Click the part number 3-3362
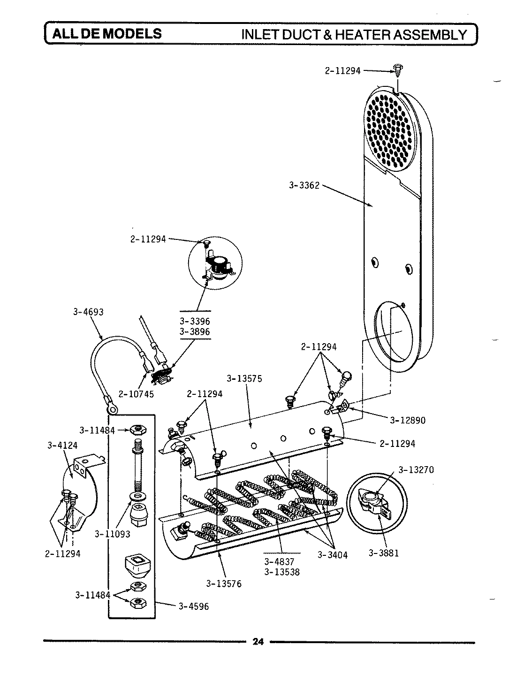304,185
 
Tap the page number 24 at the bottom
258,642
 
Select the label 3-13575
244,378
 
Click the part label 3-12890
408,420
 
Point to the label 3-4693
88,312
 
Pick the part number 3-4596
193,606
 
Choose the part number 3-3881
383,553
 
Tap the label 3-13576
224,584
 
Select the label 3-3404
332,555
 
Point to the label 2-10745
136,394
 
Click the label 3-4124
59,445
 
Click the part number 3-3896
195,331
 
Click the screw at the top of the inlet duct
399,70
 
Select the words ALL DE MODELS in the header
106,34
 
